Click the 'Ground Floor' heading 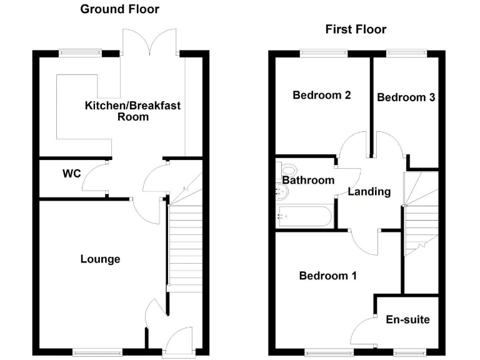[119, 9]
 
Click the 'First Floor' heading [356, 29]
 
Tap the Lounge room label [100, 259]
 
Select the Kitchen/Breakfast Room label [132, 111]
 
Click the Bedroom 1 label [327, 276]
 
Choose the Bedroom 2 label [321, 96]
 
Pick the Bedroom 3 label [406, 97]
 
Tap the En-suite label [407, 319]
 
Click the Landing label [369, 192]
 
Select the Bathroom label [307, 180]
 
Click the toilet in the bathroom [287, 169]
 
